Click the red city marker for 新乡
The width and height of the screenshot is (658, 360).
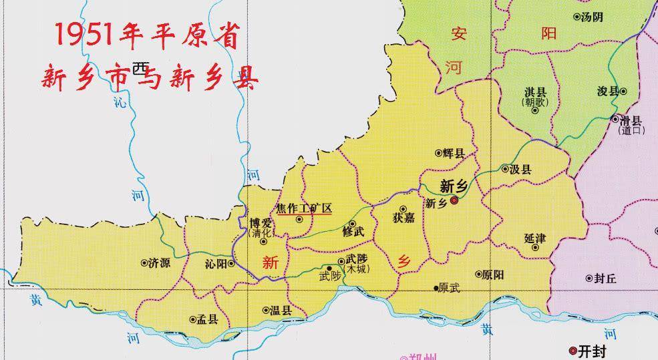pyautogui.click(x=454, y=200)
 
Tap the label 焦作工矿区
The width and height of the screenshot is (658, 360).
pyautogui.click(x=304, y=208)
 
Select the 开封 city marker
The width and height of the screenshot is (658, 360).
pyautogui.click(x=572, y=351)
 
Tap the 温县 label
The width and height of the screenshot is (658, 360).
pyautogui.click(x=281, y=310)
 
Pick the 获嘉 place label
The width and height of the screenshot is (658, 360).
pyautogui.click(x=404, y=218)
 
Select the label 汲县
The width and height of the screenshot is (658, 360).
pyautogui.click(x=520, y=170)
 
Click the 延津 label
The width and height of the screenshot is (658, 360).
pyautogui.click(x=536, y=238)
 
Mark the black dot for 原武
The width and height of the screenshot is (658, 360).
pyautogui.click(x=435, y=289)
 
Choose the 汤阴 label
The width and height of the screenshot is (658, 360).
pyautogui.click(x=592, y=17)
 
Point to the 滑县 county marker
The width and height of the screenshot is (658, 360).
pyautogui.click(x=615, y=119)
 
